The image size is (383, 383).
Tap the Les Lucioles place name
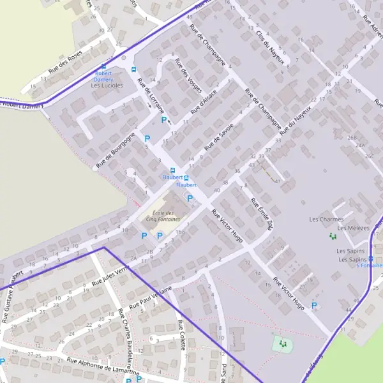[107, 85]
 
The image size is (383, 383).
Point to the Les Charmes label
[326, 220]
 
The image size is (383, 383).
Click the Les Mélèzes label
[353, 228]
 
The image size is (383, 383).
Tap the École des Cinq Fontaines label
[159, 216]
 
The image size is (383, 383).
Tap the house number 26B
[352, 137]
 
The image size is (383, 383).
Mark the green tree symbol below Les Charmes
[331, 236]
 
